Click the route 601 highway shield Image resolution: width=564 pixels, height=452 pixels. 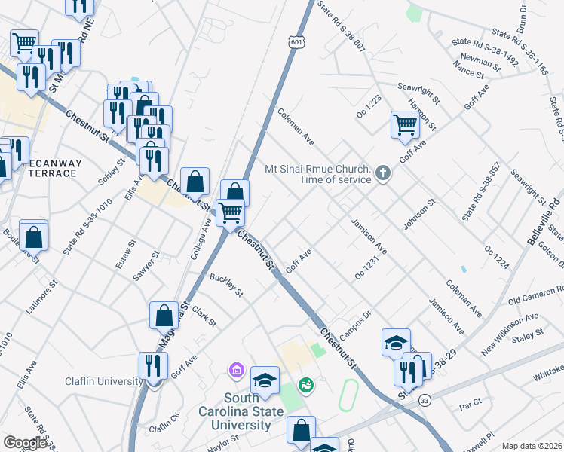coord(297,43)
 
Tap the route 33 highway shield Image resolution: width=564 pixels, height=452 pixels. coord(426,399)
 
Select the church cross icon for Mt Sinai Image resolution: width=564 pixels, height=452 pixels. coord(383,174)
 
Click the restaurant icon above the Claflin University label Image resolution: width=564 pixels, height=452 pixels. coord(153,365)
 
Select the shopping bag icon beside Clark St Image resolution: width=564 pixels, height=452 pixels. coord(164,315)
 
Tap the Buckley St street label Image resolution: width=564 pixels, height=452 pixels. coord(227,286)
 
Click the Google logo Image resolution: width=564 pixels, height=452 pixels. coord(25,443)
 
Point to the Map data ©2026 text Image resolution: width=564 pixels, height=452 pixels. coord(531,446)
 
